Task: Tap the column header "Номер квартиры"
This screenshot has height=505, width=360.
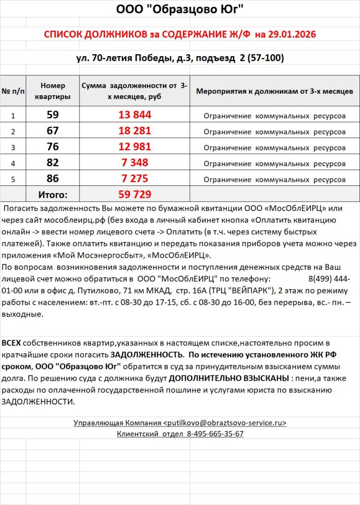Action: [x=53, y=91]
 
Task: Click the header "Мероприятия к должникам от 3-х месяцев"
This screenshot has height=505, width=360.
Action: [x=274, y=91]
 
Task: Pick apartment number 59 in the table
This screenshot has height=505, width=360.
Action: [x=53, y=115]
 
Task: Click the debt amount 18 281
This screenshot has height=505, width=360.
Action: [x=134, y=131]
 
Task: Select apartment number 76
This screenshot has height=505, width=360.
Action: [x=53, y=147]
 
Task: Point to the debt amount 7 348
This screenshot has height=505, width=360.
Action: [x=134, y=163]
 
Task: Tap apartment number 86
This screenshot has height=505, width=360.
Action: [x=53, y=179]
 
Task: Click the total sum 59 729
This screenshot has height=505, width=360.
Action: [x=134, y=194]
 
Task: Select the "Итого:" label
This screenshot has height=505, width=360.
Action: [x=53, y=194]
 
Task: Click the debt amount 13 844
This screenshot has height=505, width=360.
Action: [x=134, y=115]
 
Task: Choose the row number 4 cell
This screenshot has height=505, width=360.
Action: [x=13, y=163]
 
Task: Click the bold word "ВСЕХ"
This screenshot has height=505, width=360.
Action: [x=11, y=342]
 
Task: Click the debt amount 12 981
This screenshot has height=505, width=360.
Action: [x=134, y=147]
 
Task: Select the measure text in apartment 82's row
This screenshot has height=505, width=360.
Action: [x=274, y=163]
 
